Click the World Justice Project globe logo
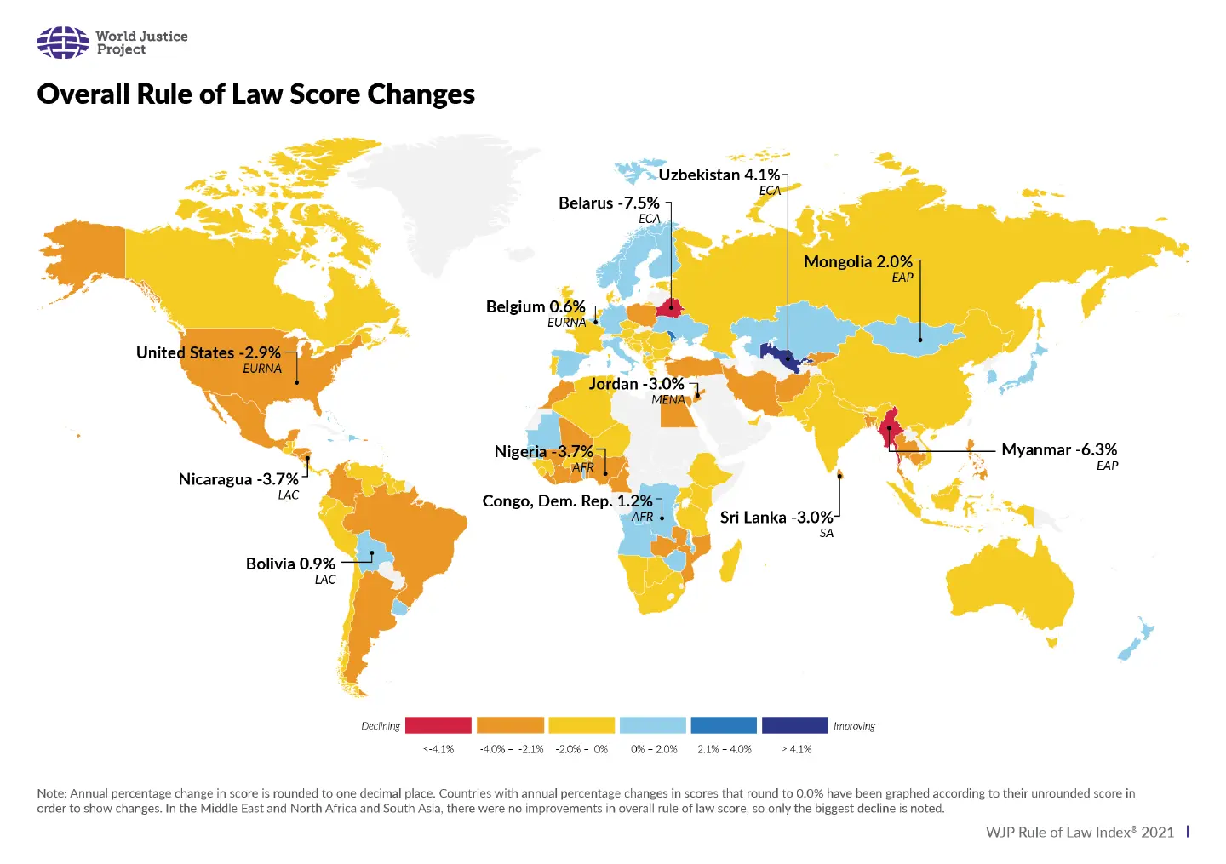click(x=62, y=43)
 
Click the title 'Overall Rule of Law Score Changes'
click(x=255, y=94)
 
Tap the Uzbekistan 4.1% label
click(x=719, y=175)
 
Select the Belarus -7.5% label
click(x=609, y=203)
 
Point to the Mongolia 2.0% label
click(x=857, y=261)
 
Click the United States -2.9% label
click(x=208, y=352)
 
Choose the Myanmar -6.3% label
click(x=1058, y=449)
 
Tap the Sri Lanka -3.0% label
click(x=776, y=518)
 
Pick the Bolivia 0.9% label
click(x=290, y=564)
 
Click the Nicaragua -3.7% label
click(x=238, y=479)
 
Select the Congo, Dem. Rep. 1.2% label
click(x=567, y=501)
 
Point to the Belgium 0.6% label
click(x=536, y=306)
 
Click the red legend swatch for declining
click(x=438, y=725)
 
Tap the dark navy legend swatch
click(x=794, y=725)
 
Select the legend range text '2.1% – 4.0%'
click(x=724, y=750)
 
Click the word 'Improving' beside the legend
click(x=854, y=726)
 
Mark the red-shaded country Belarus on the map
click(x=667, y=307)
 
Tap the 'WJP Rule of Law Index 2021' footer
click(x=1080, y=832)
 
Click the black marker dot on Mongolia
click(x=919, y=340)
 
